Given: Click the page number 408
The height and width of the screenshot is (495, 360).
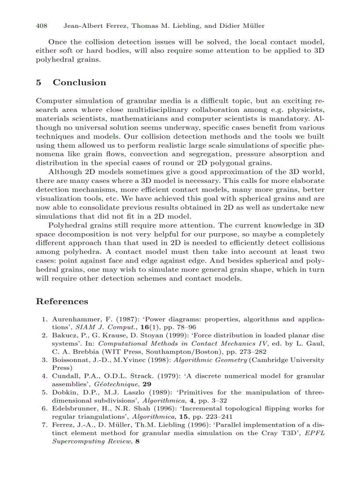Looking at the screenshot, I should [41, 26].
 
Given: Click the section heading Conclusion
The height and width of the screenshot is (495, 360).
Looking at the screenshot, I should [79, 82].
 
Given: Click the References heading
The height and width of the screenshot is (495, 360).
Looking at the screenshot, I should [62, 301].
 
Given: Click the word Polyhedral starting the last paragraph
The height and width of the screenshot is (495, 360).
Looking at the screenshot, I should [66, 225].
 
